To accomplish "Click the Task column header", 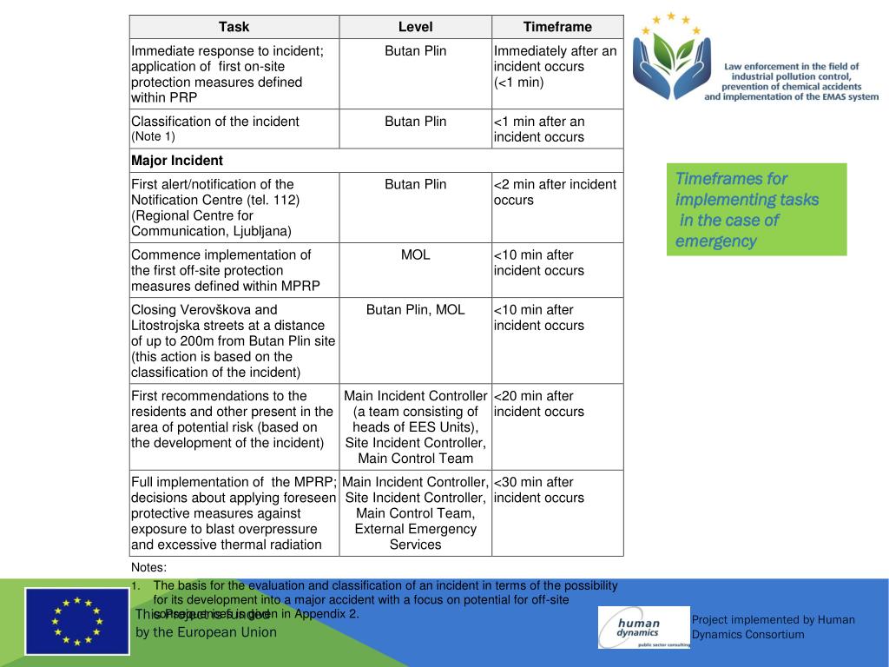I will click(x=234, y=27).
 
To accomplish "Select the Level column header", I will click(x=415, y=27).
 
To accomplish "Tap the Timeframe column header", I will click(x=557, y=27).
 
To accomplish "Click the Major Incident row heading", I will click(x=177, y=161).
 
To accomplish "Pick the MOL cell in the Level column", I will click(x=415, y=255).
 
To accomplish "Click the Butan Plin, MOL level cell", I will click(x=415, y=310).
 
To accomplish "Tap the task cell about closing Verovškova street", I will click(x=234, y=340).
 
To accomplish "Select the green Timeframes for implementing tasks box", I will click(x=756, y=209).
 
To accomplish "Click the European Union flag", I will click(x=76, y=620).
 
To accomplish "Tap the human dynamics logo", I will click(x=643, y=627).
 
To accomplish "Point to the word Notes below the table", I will click(x=148, y=568).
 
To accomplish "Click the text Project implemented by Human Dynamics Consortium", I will click(x=773, y=627).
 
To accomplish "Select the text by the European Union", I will click(x=207, y=632).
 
